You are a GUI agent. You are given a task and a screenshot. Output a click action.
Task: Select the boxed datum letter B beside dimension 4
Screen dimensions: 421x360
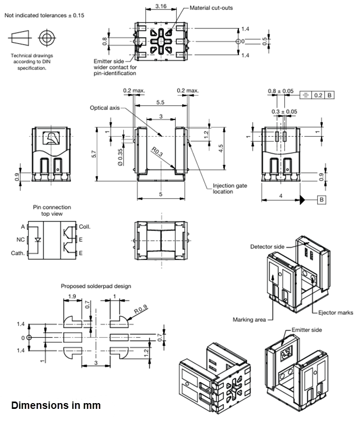[x=322, y=199]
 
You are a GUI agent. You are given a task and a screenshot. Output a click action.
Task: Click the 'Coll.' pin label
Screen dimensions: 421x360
[x=85, y=227]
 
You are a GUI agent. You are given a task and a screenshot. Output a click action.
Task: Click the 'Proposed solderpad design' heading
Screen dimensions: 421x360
[x=96, y=286]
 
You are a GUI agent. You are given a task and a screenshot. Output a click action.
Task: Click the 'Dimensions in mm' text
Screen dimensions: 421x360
[x=56, y=406]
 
